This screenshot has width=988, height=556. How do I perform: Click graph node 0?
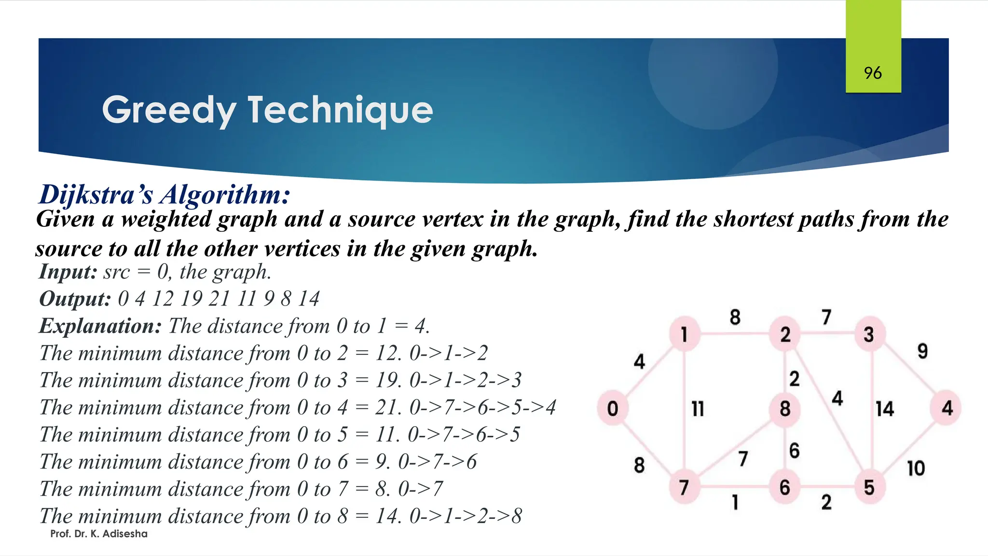click(612, 408)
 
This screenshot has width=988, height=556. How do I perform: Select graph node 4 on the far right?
click(947, 408)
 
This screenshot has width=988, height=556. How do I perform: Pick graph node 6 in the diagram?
click(785, 487)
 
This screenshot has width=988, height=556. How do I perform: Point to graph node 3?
click(869, 334)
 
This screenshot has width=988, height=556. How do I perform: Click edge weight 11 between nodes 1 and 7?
click(698, 409)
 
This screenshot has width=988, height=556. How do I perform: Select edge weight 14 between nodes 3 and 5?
click(885, 409)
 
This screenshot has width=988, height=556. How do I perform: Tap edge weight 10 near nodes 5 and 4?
click(916, 468)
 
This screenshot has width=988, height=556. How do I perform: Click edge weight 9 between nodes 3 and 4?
click(922, 351)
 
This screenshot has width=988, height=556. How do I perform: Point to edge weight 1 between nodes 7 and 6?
click(735, 502)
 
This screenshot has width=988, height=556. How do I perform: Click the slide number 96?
click(873, 73)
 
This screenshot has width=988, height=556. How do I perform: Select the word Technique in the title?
click(340, 110)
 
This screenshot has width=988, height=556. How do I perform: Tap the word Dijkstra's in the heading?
click(96, 195)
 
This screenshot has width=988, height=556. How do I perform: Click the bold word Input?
click(68, 271)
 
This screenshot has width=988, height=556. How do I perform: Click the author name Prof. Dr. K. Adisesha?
click(99, 534)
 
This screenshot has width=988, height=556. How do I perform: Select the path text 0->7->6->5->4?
click(482, 407)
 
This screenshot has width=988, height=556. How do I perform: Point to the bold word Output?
click(75, 299)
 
